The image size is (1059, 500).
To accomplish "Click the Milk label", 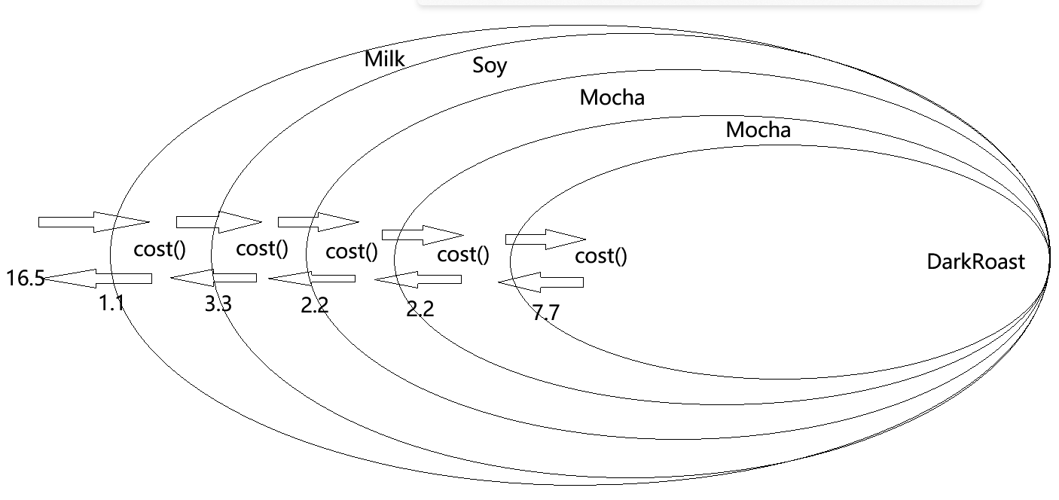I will coord(384,59).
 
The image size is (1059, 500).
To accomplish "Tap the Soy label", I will coord(490,66).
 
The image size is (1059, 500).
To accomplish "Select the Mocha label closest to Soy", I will coord(612,97).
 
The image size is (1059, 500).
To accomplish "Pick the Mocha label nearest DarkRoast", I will coord(758,130).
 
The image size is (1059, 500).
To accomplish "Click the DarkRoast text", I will coord(975,262).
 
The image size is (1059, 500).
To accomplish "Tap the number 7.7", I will coord(545,312).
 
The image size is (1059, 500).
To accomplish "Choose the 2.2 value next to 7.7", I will coord(420,308).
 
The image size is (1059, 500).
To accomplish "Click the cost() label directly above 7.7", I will coord(600,257).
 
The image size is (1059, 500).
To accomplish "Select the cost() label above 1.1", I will coord(160,250).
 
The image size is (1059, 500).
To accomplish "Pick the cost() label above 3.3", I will coord(262,249).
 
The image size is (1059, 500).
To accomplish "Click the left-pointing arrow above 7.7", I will coord(540,282).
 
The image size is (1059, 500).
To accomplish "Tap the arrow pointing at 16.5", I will coord(98,279).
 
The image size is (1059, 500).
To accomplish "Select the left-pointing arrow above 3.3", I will coord(213,278).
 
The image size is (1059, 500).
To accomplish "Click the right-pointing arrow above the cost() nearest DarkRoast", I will coord(545,239).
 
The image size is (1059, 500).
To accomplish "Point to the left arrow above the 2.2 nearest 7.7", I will coord(418,279).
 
